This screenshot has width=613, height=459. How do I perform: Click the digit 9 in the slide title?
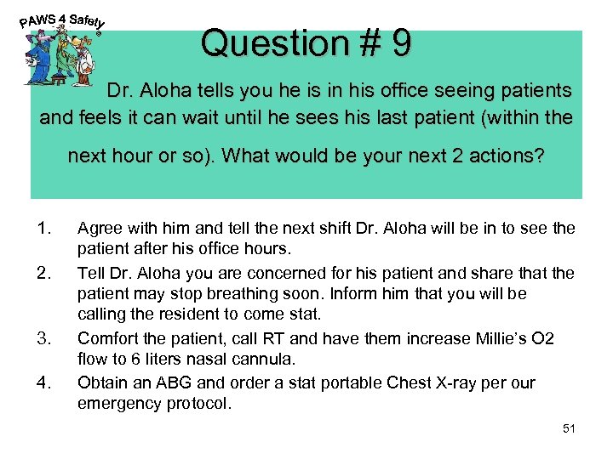[x=399, y=42]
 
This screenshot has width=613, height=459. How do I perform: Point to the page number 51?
[x=570, y=428]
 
